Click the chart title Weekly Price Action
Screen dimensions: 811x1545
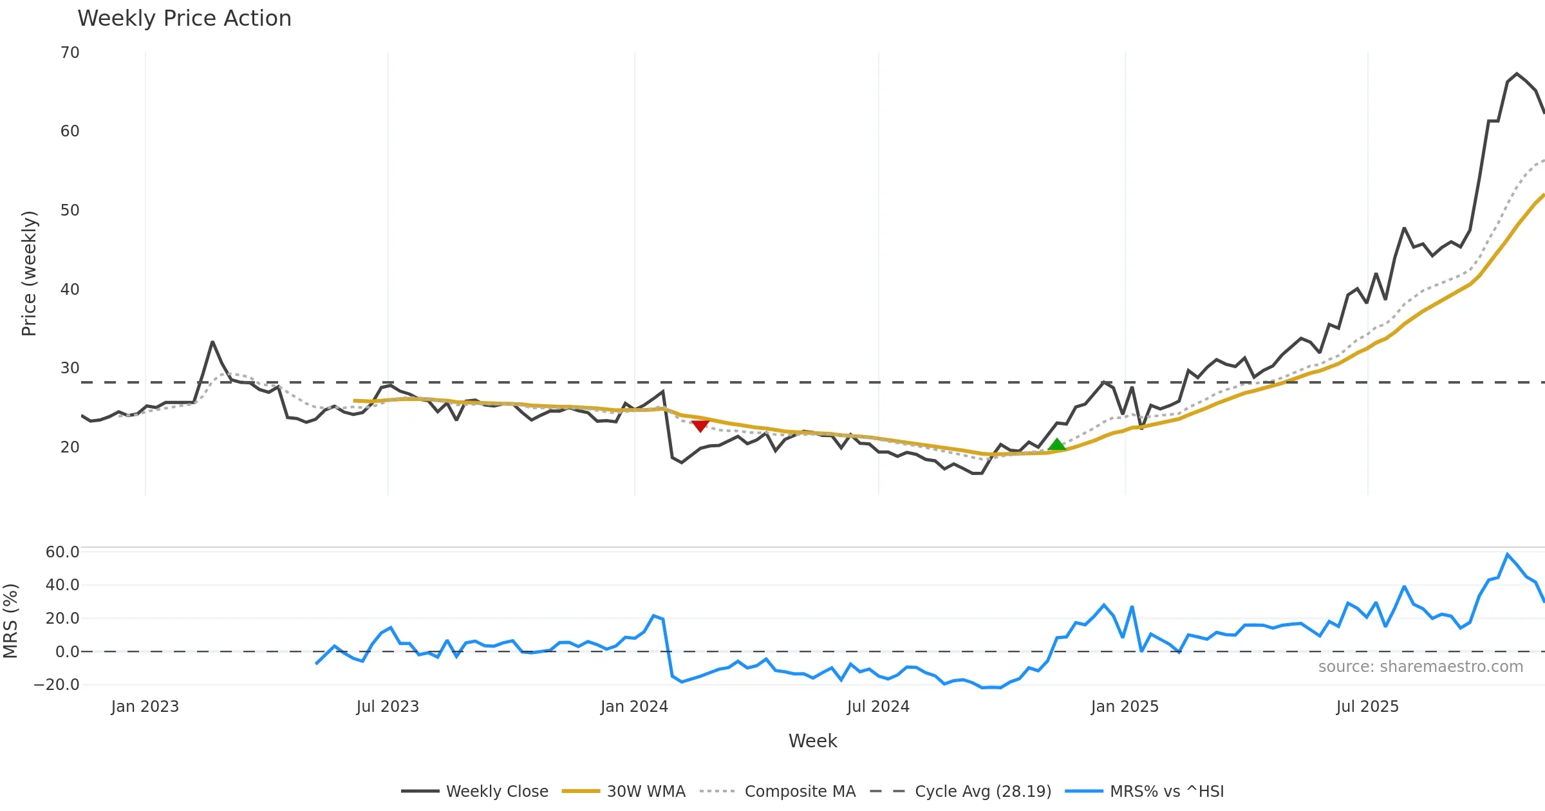[x=184, y=19]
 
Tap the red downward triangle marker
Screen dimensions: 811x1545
[x=700, y=426]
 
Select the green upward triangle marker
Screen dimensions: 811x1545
[x=1056, y=444]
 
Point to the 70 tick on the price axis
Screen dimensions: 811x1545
[x=70, y=53]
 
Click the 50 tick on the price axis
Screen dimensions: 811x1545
[x=70, y=210]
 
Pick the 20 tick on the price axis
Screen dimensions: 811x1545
[x=70, y=447]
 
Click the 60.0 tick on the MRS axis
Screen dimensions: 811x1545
[x=62, y=552]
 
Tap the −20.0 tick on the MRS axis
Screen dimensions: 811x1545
[x=57, y=685]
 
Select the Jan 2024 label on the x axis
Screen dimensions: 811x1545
[x=634, y=707]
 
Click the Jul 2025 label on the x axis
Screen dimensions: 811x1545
[x=1367, y=707]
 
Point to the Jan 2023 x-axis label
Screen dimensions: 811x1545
[x=145, y=707]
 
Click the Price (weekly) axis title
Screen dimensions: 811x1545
[x=30, y=274]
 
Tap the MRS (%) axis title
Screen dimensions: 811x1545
[x=11, y=621]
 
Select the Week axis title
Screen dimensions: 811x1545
[x=812, y=741]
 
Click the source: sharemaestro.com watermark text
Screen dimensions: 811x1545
[x=1420, y=667]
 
